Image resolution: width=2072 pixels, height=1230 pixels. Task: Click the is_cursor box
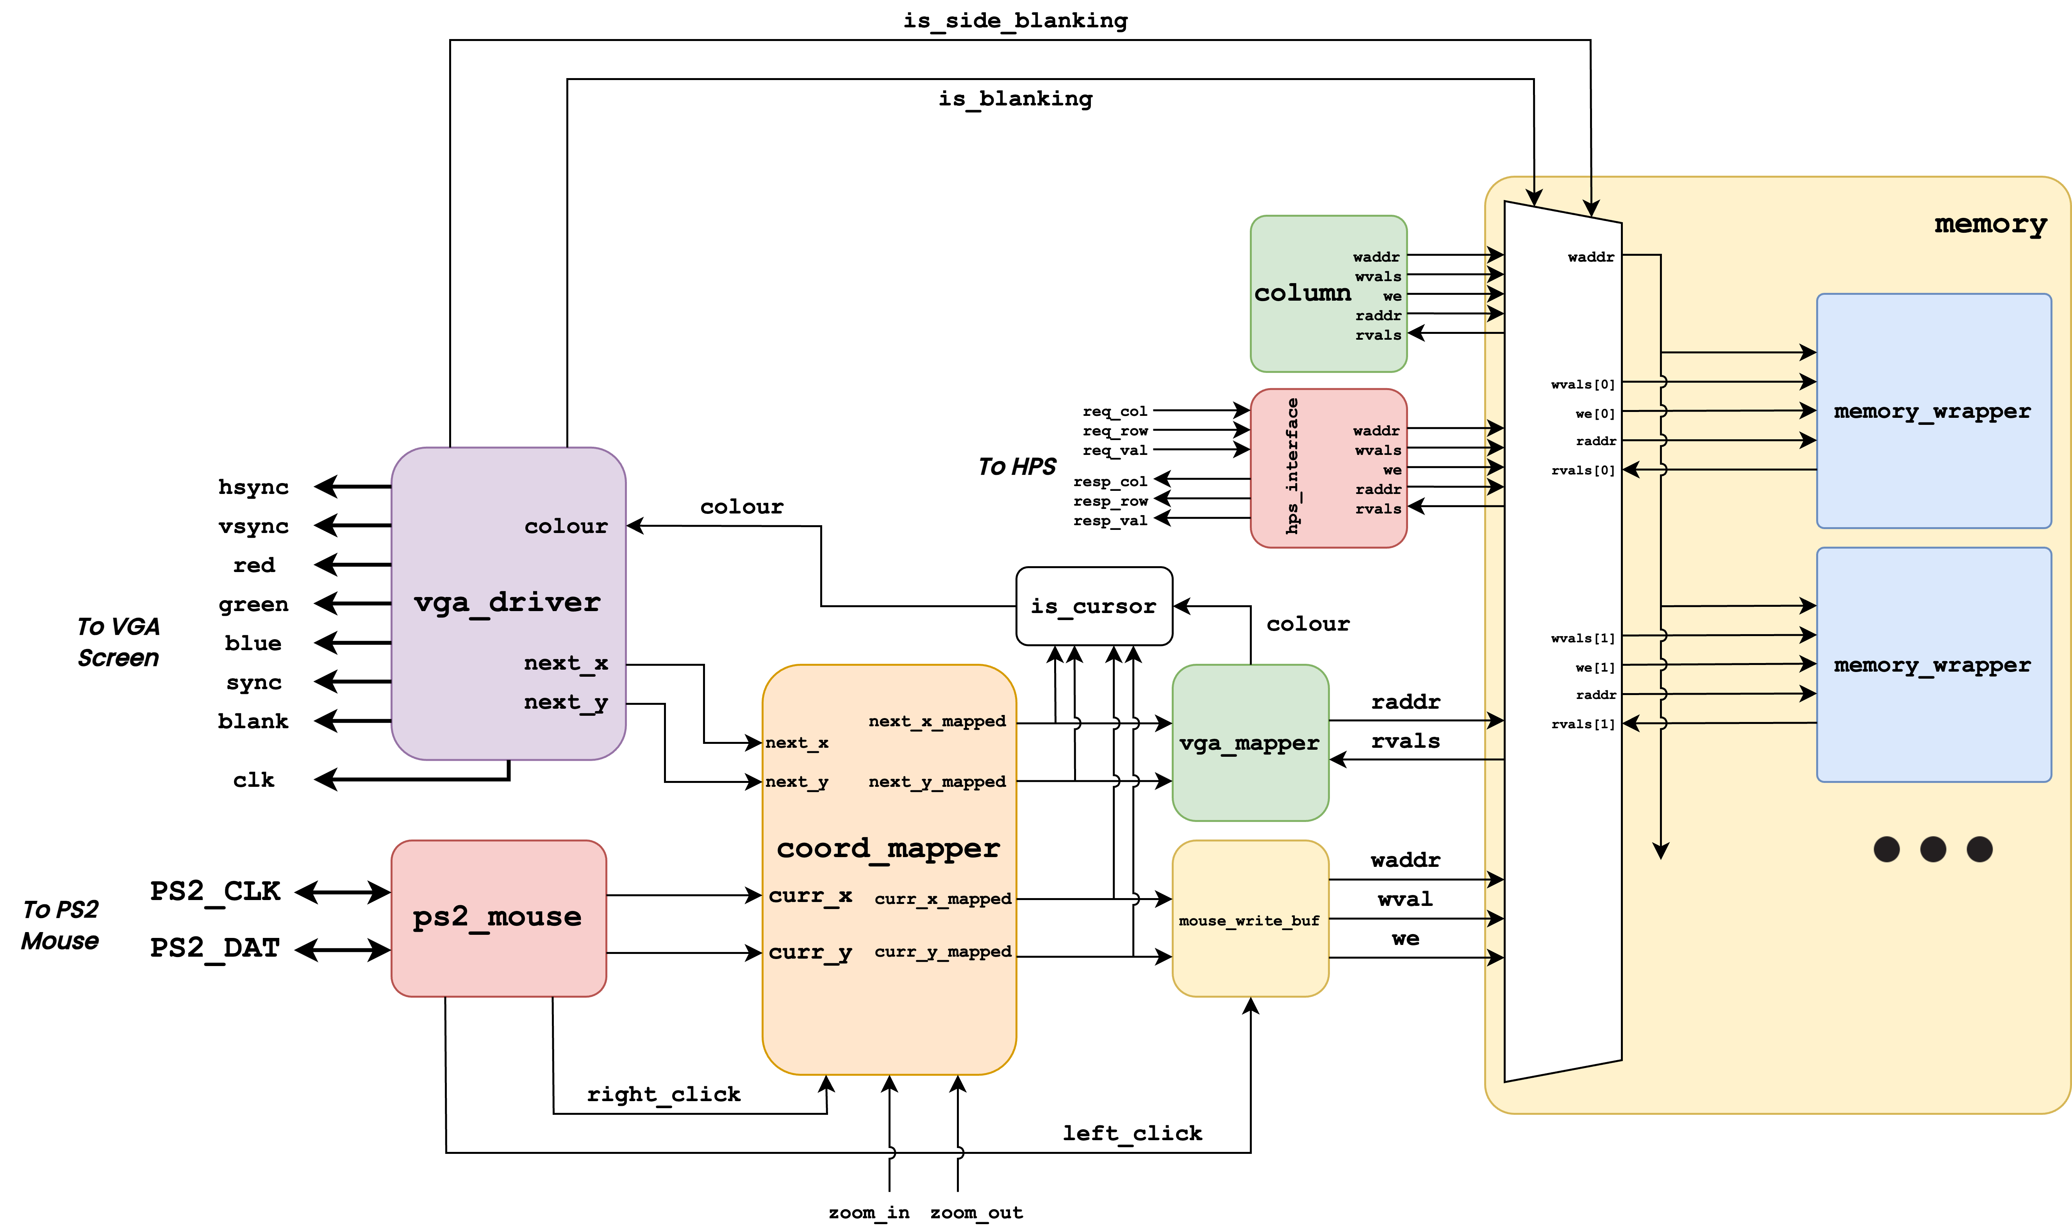1094,606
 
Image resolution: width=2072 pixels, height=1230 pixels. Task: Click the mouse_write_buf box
1250,920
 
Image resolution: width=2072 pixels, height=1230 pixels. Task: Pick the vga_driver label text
507,603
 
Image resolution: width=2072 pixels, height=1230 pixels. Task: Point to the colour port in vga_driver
566,526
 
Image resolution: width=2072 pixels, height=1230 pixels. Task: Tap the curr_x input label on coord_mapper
810,896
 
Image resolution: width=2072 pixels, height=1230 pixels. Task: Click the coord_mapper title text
889,849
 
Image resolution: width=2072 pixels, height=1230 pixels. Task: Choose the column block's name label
1302,293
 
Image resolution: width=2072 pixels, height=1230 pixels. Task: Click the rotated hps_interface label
1292,466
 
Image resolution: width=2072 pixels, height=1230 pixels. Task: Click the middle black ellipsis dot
1933,850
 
